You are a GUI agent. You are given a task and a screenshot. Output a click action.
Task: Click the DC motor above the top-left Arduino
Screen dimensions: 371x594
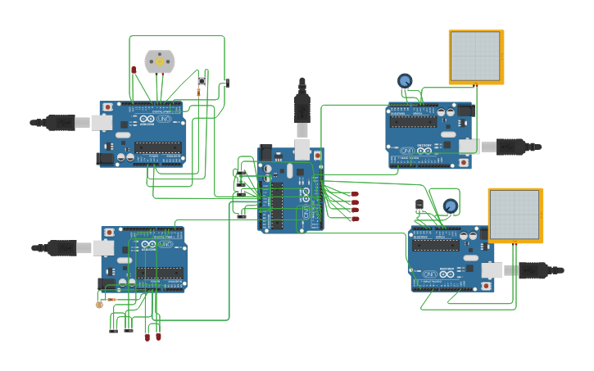tap(160, 61)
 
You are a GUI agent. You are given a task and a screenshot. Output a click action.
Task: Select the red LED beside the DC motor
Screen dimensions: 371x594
tap(134, 70)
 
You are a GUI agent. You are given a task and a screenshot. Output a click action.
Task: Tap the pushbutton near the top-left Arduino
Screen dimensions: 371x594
tap(202, 81)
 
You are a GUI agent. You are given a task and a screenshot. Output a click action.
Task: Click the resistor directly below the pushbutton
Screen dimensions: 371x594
tap(198, 93)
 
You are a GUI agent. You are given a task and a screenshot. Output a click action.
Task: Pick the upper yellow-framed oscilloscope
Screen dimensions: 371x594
tap(475, 57)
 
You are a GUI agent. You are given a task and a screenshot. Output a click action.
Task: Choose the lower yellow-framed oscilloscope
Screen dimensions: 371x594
tap(515, 215)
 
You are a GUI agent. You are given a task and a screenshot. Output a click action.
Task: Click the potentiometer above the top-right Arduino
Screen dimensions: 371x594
tap(405, 80)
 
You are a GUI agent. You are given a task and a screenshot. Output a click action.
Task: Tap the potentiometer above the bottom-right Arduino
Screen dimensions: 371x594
tap(450, 206)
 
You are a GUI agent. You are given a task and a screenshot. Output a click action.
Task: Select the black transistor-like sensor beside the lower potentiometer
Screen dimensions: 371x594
tap(419, 204)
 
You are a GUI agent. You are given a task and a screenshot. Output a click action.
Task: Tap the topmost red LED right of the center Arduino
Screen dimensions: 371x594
tap(355, 195)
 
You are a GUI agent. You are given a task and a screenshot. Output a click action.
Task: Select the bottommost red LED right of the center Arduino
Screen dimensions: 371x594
tap(355, 219)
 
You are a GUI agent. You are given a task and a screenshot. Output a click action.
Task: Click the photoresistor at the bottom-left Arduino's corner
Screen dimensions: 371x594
tap(99, 305)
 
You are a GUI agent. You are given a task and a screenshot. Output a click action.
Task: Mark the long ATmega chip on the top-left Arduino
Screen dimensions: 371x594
tap(157, 147)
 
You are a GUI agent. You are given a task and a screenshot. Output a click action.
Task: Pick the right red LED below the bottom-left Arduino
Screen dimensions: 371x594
tap(158, 336)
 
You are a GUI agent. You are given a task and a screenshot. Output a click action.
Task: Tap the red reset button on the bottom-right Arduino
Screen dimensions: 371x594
tap(486, 286)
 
